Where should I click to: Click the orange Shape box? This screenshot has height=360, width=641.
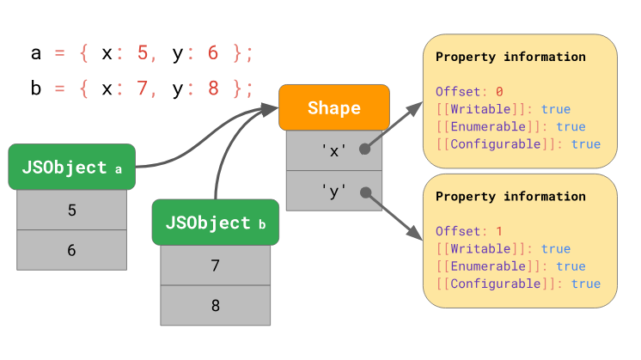pos(334,107)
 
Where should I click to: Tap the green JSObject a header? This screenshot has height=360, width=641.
pos(72,167)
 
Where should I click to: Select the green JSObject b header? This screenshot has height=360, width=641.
pos(216,223)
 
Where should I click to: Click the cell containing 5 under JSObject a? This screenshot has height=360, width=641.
pos(72,210)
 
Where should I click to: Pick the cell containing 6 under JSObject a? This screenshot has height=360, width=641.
pos(72,250)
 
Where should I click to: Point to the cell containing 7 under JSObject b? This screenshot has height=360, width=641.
pos(216,265)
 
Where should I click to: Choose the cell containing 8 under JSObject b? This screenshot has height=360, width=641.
pos(216,305)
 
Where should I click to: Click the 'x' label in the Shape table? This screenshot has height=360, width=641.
pos(334,150)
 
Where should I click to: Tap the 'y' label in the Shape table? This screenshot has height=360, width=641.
pos(334,192)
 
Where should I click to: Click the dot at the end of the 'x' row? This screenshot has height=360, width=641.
pos(365,149)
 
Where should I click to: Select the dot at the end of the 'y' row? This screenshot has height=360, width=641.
pos(366,192)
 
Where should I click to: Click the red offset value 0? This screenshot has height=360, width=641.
pos(499,92)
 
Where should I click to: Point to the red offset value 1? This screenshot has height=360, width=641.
pos(499,231)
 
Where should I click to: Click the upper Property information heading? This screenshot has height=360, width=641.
pos(510,57)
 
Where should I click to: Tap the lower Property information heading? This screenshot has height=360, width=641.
pos(510,197)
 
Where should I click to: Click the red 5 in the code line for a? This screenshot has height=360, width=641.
pos(143,53)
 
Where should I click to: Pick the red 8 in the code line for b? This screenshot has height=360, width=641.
pos(213,88)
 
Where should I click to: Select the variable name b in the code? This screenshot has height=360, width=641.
pos(36,88)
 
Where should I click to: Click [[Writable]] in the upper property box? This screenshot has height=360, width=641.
pos(481,109)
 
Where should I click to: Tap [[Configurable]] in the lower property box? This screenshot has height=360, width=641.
pos(496,284)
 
